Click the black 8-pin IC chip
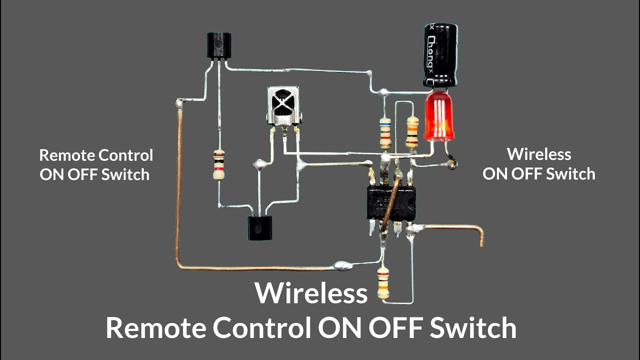point(391,203)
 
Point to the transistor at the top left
point(219,46)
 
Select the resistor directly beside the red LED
point(412,132)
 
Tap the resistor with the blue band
point(385,132)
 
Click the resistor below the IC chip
point(383,282)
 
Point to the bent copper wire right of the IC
point(455,229)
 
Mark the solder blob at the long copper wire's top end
point(179,104)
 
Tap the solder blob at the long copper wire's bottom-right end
point(343,265)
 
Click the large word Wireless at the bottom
point(311,293)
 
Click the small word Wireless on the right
point(538,154)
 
